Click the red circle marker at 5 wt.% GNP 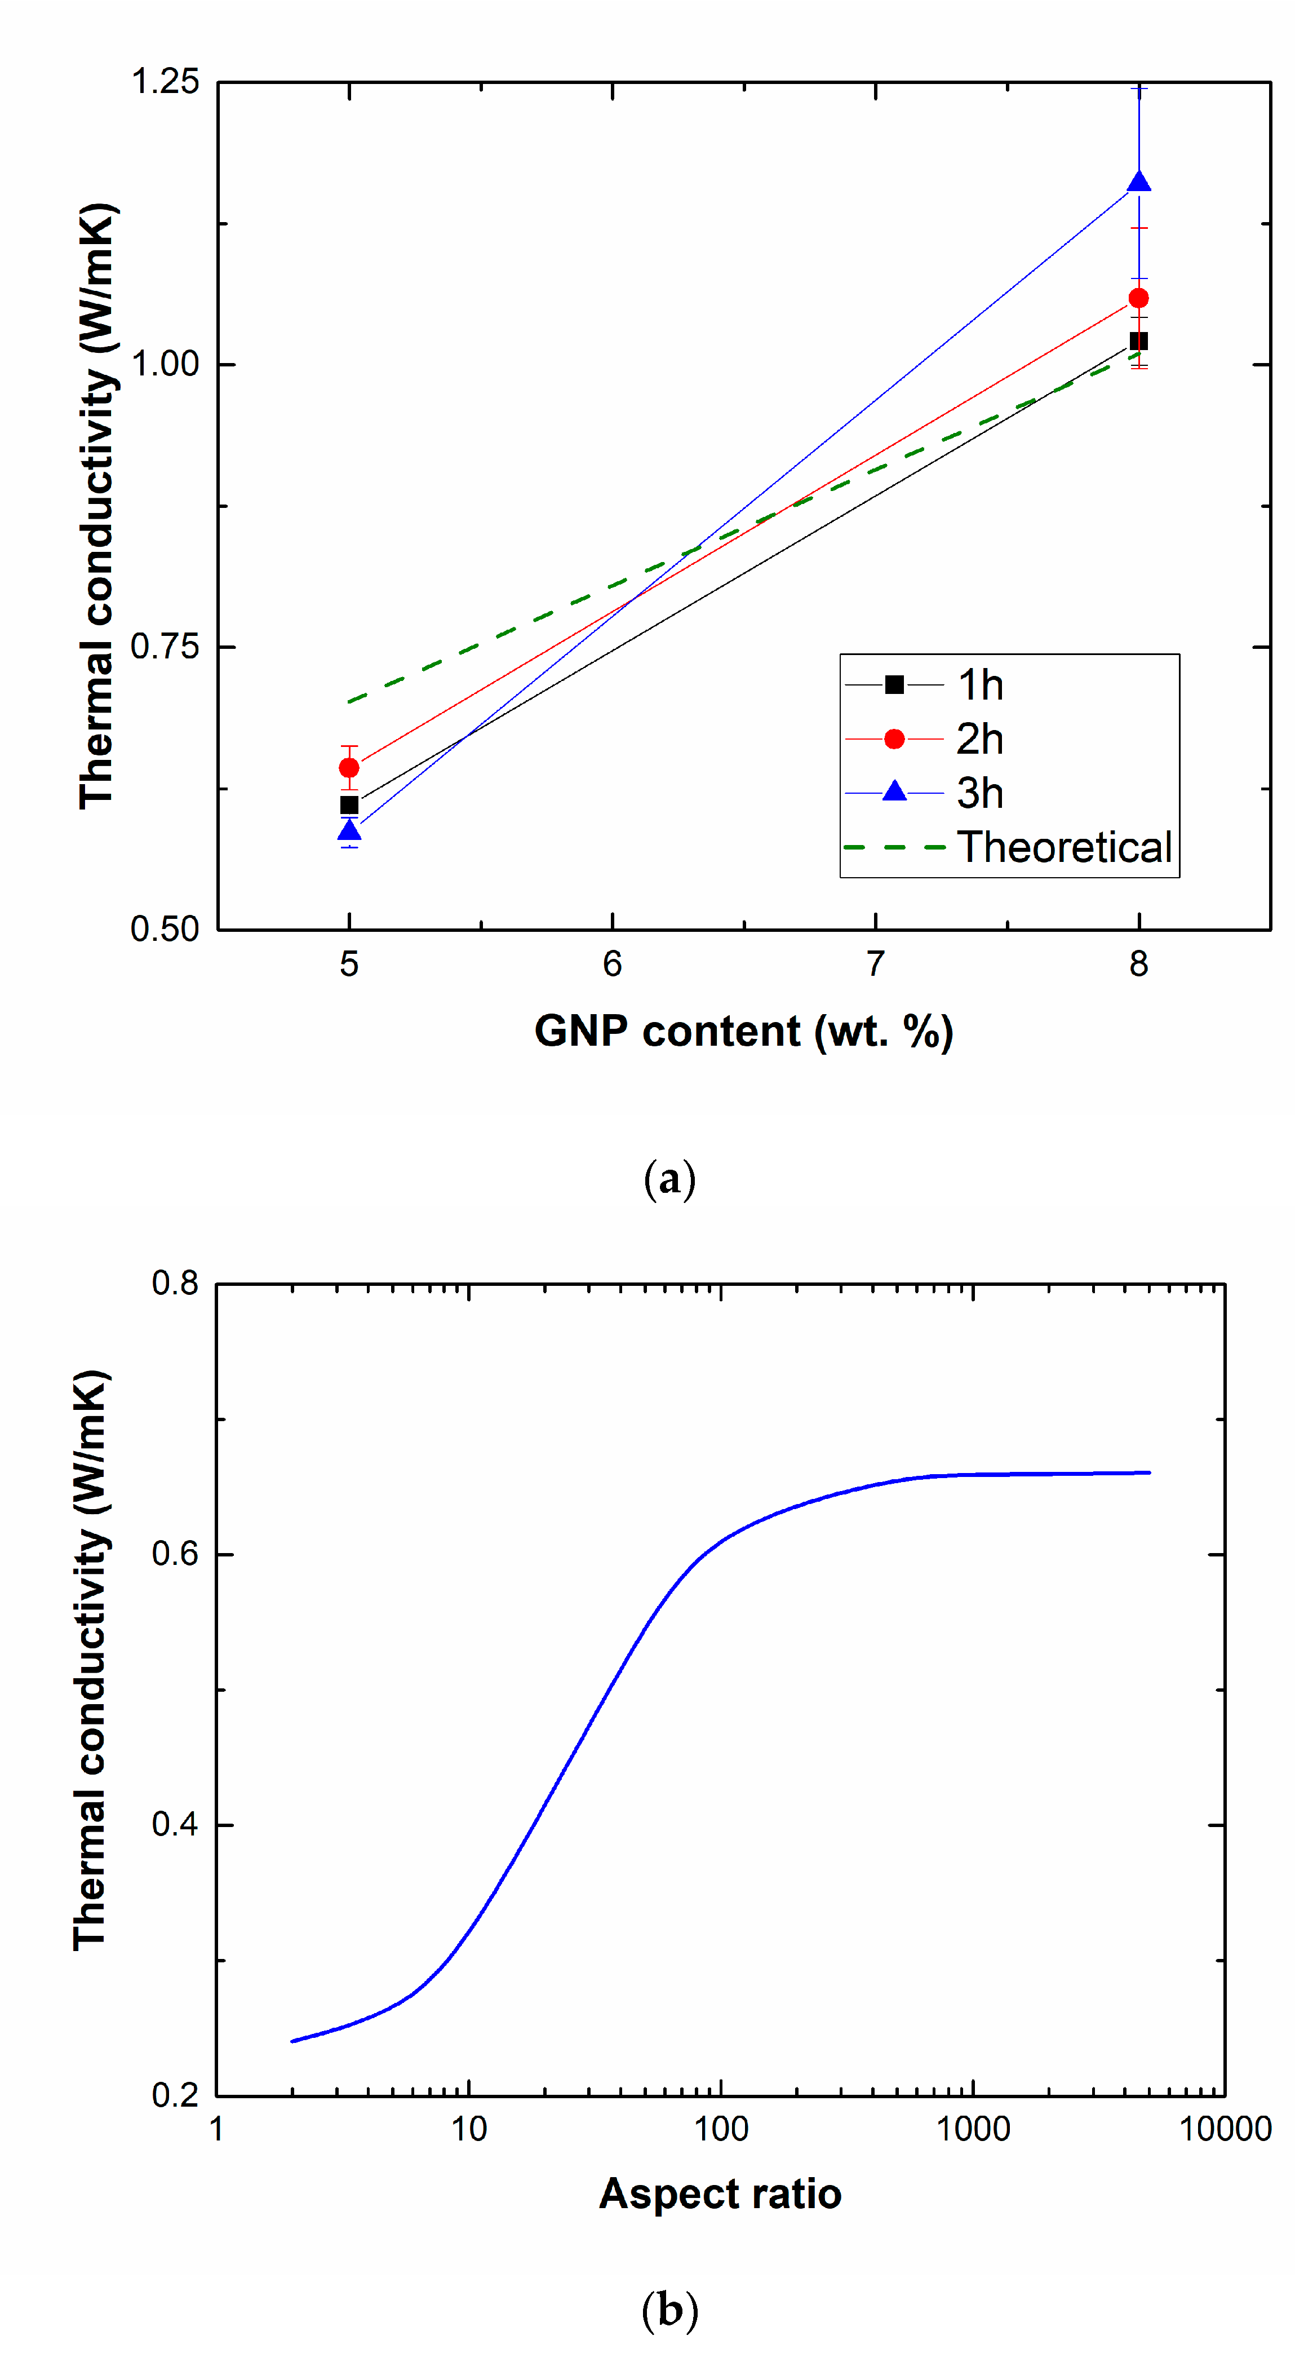[x=349, y=767]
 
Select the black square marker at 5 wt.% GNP [x=349, y=805]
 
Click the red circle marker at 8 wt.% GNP [x=1139, y=299]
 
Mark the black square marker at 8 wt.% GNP [x=1139, y=340]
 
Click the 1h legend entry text [x=980, y=685]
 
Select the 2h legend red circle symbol [x=894, y=739]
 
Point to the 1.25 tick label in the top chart [x=165, y=81]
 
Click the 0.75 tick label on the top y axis [x=165, y=647]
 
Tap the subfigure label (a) [x=669, y=1179]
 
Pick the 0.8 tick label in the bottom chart [x=175, y=1284]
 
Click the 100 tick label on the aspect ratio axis [x=721, y=2129]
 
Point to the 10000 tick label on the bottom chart [x=1225, y=2129]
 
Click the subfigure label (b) [x=669, y=2310]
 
